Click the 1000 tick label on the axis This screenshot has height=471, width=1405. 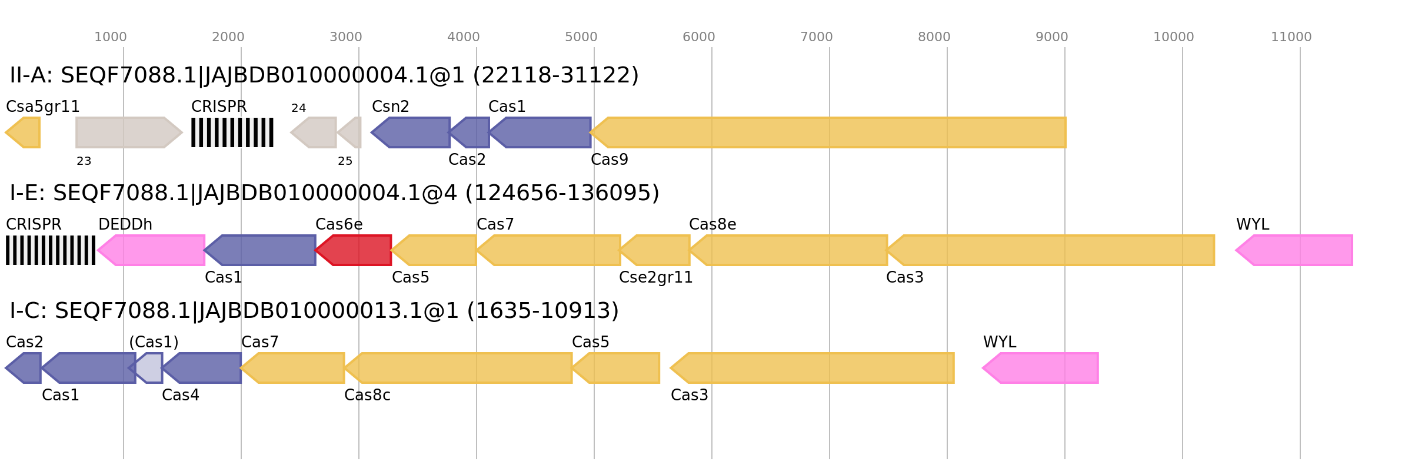pyautogui.click(x=110, y=37)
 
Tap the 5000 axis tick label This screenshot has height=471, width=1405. pyautogui.click(x=581, y=37)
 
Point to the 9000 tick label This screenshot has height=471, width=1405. pyautogui.click(x=1051, y=37)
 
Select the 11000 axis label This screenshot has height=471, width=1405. pyautogui.click(x=1291, y=37)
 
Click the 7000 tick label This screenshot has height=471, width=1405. pyautogui.click(x=816, y=37)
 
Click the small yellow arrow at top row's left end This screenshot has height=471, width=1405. pyautogui.click(x=24, y=132)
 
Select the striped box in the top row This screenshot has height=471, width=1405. pyautogui.click(x=232, y=132)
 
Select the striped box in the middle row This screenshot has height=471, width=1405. pyautogui.click(x=51, y=250)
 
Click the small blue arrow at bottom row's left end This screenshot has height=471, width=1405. pyautogui.click(x=24, y=368)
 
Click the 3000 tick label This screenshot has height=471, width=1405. pyautogui.click(x=345, y=37)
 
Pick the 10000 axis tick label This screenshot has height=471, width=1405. pyautogui.click(x=1173, y=37)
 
